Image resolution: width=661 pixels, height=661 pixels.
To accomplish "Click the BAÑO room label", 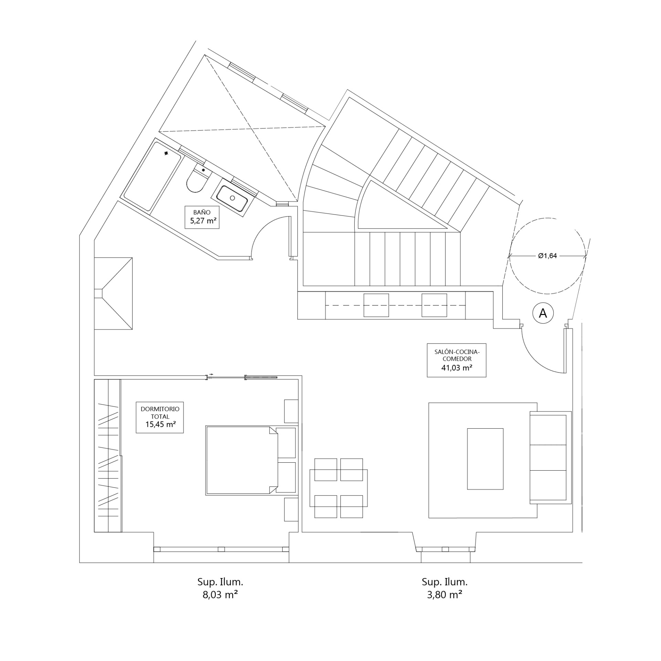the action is coord(202,212).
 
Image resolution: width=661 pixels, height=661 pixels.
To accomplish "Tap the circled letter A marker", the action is coord(543,313).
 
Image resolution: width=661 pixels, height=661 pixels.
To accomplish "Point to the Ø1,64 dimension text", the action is coord(547,255).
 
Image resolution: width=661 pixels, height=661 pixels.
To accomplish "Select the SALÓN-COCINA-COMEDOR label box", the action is coord(457,360).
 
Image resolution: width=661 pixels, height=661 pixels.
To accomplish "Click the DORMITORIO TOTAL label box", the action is coord(160,417).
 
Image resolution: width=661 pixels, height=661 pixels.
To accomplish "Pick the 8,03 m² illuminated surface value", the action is coord(220,595).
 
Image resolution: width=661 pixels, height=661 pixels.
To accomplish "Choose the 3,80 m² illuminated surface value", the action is coord(444,595).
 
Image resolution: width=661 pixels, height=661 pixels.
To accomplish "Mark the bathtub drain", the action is coord(167,153).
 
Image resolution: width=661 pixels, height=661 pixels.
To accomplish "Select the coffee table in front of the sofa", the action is coord(485,459).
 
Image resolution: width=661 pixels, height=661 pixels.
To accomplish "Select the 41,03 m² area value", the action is coord(457,368).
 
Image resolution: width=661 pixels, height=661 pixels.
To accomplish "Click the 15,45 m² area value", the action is coord(160,424).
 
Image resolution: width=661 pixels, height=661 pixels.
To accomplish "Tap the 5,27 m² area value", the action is coord(203,221).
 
